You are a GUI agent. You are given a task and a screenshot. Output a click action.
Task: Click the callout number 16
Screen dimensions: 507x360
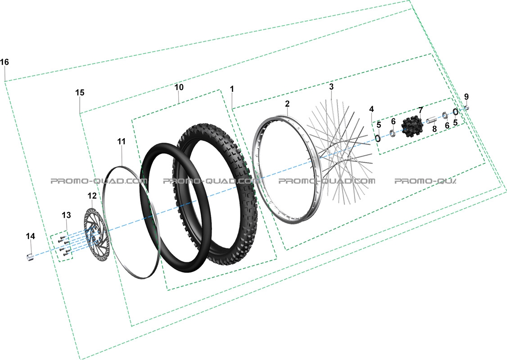coord(5,62)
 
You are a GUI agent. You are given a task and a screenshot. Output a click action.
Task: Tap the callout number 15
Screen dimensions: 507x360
coord(80,92)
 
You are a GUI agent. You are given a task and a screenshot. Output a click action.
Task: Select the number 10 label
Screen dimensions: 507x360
coord(179,87)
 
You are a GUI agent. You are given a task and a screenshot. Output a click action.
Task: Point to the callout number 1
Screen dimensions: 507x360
coord(232,89)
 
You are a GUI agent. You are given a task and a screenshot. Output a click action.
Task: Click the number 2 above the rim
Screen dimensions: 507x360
coord(287,104)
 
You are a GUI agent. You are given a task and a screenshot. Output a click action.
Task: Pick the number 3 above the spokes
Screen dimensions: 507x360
coord(331,86)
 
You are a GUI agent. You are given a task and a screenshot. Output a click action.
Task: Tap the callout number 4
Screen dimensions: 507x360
coord(371,109)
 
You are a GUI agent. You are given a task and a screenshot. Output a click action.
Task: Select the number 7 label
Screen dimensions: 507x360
coord(421,110)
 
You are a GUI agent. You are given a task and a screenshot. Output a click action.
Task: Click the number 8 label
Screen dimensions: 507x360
coord(434,129)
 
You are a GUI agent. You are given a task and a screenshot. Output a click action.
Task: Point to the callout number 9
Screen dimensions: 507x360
coord(466,97)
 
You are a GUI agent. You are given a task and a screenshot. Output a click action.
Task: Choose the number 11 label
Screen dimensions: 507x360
coord(121,141)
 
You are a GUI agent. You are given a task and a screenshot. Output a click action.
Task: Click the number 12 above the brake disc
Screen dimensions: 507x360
coord(92,195)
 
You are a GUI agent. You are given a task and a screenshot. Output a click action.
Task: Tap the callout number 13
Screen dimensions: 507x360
coord(66,215)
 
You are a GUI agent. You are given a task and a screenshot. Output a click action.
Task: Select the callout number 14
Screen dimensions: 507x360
coord(31,236)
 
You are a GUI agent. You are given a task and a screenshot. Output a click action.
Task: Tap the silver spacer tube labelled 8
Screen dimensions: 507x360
coord(431,121)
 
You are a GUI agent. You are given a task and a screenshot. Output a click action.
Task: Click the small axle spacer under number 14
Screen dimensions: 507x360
coord(30,257)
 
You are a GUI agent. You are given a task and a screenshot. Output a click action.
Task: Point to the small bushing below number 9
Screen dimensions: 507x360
coord(466,108)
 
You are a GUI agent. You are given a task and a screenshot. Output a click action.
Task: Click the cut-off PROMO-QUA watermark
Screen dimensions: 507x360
coord(425,181)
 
